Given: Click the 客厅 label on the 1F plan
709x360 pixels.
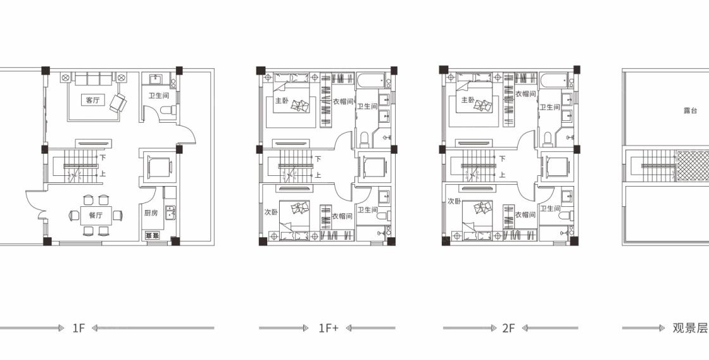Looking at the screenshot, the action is coord(92,100).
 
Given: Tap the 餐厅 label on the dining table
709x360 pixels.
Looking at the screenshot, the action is coord(96,215).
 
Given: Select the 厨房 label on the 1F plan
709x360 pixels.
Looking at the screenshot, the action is coord(151,213).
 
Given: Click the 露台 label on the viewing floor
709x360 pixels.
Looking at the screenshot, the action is coord(691,111).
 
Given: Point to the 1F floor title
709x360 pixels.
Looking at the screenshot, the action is coord(78,328).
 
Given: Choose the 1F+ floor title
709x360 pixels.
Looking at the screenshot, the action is coord(329,328).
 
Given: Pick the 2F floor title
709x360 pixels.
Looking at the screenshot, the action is coord(509,328).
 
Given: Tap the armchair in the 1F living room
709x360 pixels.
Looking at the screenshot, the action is coord(118,102).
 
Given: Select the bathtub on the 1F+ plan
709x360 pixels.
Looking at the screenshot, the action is coord(373,81).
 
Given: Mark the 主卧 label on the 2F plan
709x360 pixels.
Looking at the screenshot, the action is coord(468,100).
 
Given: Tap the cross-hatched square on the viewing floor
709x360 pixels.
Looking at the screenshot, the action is coord(693,166).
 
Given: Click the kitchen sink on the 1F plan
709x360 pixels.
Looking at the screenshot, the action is coord(170,212).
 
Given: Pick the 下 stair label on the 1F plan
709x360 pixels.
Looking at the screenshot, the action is coord(103,158).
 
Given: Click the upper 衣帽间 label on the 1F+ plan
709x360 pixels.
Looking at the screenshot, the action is coord(342,102).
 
